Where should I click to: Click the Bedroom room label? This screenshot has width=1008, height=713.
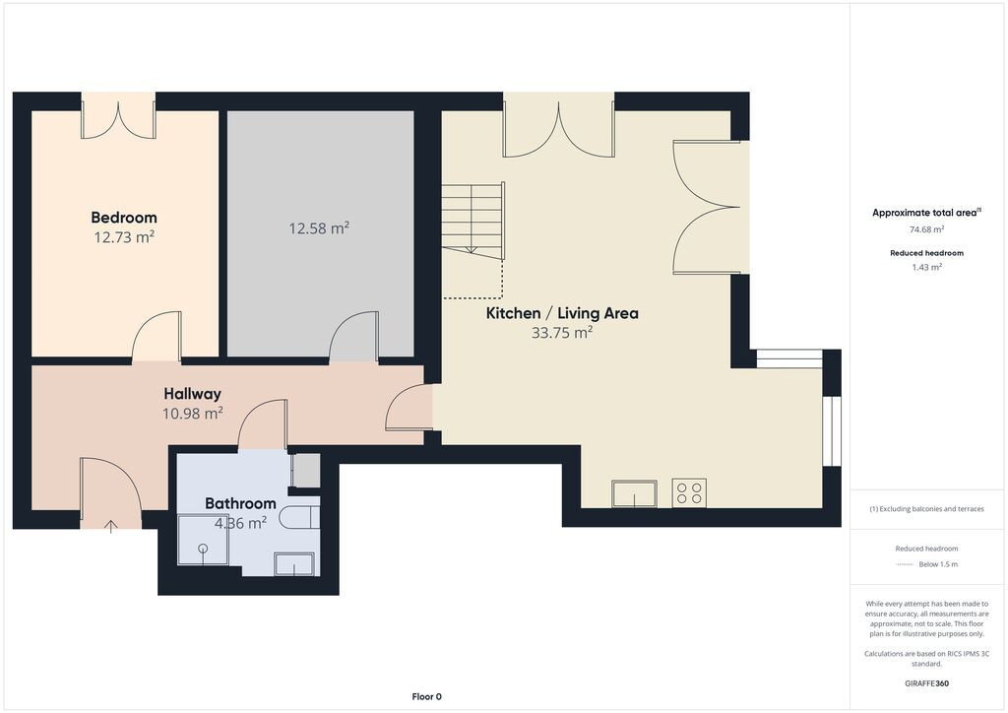[124, 218]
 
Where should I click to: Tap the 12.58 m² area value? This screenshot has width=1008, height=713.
[319, 228]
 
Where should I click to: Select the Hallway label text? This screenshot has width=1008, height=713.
[192, 394]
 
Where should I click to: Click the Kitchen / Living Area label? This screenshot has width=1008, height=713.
[562, 313]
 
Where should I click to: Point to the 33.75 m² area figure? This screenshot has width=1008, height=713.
[562, 333]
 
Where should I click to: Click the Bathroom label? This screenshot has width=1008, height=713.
[240, 503]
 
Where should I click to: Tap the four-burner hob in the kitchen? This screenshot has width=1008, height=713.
[689, 493]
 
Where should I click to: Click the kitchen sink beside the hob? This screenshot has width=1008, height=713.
[635, 493]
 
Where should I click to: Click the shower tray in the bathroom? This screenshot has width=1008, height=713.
[203, 540]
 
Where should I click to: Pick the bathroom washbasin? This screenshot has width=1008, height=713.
[294, 564]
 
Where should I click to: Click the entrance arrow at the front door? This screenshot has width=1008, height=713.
[110, 527]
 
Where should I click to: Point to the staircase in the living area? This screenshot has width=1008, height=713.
[472, 221]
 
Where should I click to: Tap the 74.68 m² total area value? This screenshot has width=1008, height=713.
[926, 229]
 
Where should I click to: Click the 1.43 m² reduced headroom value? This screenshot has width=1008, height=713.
[926, 268]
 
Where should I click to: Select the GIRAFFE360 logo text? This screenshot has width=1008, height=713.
[926, 683]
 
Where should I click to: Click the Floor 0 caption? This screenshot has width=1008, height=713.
[427, 696]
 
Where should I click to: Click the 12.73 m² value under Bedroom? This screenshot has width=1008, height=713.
[124, 237]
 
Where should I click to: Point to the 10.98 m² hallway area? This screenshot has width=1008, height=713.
[192, 414]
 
